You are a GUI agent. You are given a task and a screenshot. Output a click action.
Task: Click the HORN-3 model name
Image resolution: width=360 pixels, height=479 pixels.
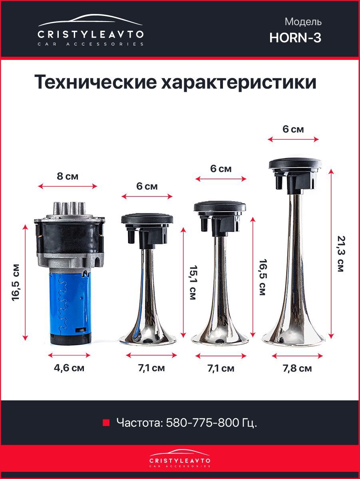295,38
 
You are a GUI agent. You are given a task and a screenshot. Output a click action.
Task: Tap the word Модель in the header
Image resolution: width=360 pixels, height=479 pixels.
303,22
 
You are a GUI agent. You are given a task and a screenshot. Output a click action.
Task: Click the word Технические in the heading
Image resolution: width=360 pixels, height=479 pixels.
95,82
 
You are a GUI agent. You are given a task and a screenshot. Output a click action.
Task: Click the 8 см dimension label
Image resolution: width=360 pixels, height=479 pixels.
68,176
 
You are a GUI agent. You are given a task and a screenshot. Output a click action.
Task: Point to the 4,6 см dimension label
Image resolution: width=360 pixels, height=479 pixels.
69,368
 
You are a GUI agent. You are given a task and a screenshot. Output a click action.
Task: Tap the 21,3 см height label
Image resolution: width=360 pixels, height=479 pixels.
340,254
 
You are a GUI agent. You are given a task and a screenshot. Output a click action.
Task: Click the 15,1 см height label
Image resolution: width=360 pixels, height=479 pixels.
193,282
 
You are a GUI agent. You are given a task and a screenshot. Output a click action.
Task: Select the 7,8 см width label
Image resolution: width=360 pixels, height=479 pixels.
297,368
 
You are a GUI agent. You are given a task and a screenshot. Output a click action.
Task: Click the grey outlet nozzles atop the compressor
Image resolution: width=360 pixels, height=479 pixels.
69,208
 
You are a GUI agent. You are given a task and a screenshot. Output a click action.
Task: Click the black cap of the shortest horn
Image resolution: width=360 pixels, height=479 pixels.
147,230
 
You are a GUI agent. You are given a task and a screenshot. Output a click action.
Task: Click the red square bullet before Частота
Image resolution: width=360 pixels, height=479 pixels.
106,423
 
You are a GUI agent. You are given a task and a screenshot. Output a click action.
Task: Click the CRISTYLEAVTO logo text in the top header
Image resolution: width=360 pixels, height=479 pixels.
91,35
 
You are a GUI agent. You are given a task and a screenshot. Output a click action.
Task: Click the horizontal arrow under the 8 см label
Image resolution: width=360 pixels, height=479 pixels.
68,186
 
